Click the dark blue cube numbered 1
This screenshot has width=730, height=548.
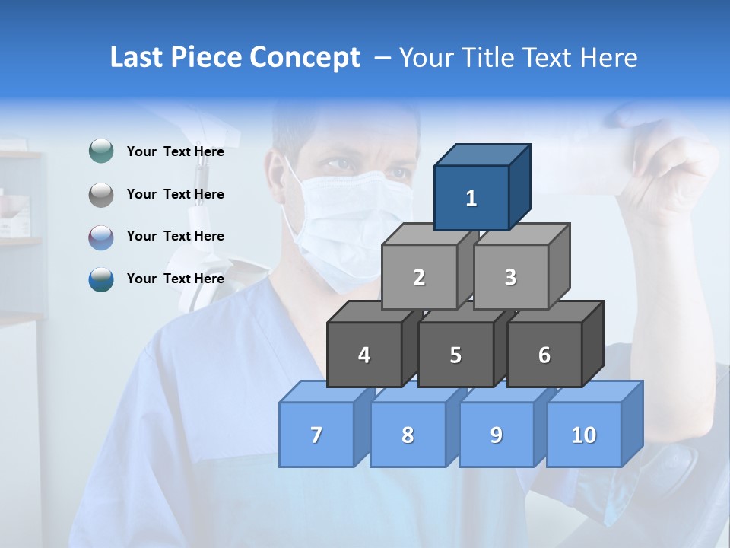(471, 198)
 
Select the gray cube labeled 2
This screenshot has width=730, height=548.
(419, 277)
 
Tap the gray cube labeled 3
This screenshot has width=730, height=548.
(510, 277)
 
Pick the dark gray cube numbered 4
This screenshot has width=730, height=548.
(364, 355)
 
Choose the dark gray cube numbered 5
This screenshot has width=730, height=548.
(455, 355)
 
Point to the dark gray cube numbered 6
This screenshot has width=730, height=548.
(544, 355)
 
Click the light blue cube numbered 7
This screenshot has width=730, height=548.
(316, 435)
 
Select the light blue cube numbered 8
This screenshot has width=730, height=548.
(408, 435)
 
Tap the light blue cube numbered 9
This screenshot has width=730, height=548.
(497, 435)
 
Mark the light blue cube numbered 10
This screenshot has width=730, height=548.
(584, 435)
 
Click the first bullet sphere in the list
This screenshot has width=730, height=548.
(101, 151)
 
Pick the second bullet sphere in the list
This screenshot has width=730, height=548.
(101, 194)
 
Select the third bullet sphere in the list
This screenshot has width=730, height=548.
(101, 237)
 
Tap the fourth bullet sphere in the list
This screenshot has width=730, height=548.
(101, 279)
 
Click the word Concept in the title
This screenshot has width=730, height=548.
(305, 58)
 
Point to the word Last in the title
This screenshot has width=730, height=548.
(138, 58)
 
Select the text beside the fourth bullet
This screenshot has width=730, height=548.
(176, 279)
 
